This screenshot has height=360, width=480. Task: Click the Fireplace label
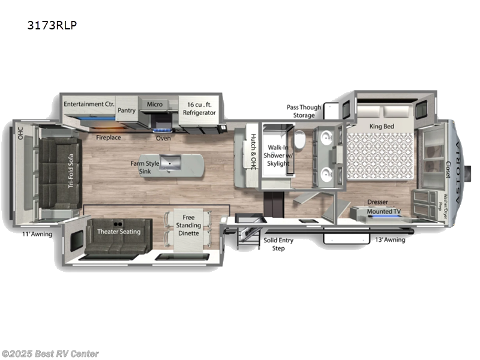109,137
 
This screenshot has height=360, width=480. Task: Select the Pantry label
127,110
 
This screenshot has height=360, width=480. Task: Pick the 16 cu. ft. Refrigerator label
199,108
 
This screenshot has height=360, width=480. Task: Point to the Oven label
163,138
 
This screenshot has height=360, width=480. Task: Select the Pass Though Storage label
304,111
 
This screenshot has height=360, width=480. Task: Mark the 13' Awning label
390,240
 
